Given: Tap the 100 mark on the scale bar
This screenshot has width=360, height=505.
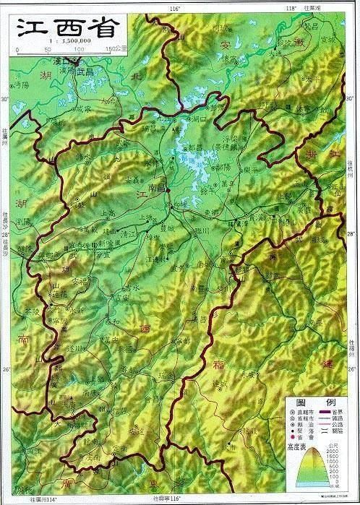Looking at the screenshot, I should coord(78,49).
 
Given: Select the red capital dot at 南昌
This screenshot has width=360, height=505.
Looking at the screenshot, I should coord(168,189).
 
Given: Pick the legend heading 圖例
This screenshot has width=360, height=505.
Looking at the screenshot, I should coord(309,402).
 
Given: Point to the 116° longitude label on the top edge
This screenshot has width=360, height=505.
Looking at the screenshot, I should coord(174,7).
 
